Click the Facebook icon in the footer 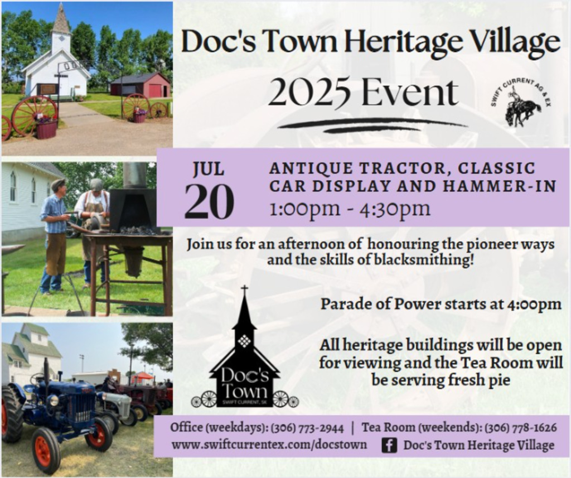[x=389, y=445]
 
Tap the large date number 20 [x=209, y=201]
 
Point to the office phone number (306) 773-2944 [x=307, y=428]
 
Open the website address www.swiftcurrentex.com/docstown [x=269, y=445]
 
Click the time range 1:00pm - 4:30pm [x=350, y=209]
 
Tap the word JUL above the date [x=209, y=169]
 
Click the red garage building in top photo [x=141, y=85]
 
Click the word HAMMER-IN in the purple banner [x=500, y=186]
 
